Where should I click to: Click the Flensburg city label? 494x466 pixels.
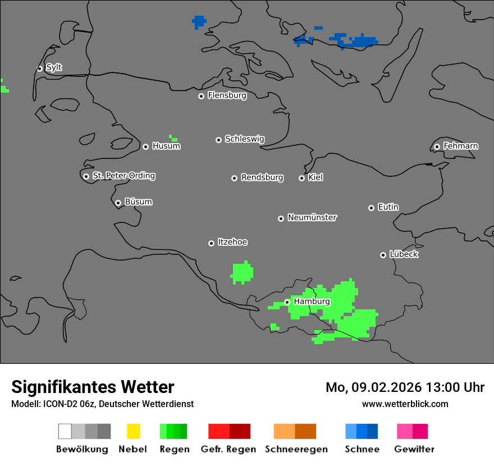227,95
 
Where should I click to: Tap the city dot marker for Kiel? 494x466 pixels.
301,178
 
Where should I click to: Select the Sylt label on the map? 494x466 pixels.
54,68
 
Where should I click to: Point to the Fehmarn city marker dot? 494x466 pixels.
437,147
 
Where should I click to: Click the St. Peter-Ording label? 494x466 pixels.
124,176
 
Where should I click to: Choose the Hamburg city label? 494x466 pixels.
312,301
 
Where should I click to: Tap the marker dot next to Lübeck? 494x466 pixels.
383,255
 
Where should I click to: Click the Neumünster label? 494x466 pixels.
312,217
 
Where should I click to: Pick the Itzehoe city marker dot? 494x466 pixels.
211,243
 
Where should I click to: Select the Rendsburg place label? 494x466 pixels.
262,177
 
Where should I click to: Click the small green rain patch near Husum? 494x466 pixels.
173,138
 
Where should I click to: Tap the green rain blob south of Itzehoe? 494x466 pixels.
242,272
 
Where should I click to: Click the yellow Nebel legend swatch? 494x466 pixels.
133,431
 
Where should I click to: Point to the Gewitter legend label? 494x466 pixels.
414,449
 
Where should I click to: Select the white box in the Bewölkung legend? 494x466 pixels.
65,431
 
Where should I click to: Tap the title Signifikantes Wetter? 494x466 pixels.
93,387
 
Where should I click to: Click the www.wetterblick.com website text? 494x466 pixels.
405,404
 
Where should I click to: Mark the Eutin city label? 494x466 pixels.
388,207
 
